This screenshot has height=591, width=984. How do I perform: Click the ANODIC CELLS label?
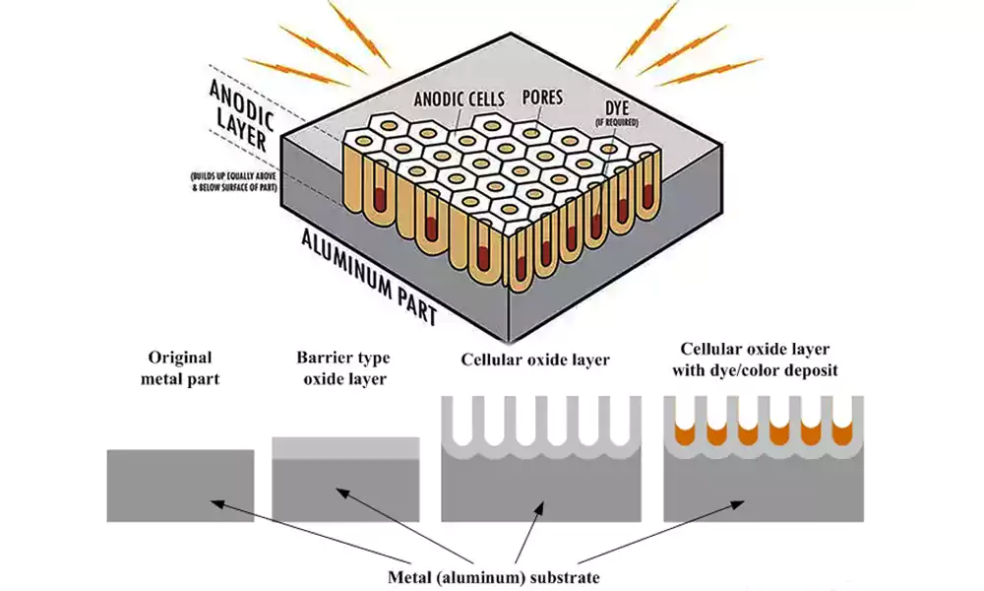click(x=460, y=98)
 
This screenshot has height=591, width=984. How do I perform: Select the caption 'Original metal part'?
click(x=180, y=368)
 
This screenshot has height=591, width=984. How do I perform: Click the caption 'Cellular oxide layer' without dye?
click(x=535, y=360)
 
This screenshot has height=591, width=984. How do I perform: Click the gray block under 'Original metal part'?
click(x=180, y=485)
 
